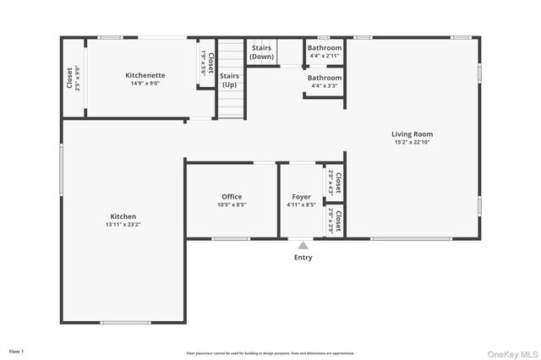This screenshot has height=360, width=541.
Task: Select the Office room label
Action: (x=232, y=197)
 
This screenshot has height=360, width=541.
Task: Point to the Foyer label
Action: (x=302, y=197)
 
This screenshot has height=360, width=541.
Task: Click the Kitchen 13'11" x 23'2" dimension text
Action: (x=123, y=225)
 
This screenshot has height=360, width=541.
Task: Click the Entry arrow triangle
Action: (x=303, y=245)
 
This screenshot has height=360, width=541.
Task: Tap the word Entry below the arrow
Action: (x=303, y=257)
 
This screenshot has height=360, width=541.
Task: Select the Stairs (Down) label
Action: (x=261, y=52)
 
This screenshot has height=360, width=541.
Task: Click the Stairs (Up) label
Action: (x=229, y=80)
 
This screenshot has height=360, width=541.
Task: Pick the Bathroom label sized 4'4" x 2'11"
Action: (x=325, y=48)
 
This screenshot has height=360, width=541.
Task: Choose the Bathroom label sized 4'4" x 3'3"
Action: (x=325, y=78)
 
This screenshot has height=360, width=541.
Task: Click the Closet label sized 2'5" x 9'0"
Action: (x=69, y=78)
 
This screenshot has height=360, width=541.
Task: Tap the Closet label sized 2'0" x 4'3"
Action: (x=337, y=183)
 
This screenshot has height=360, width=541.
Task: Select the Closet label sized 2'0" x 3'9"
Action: (x=337, y=221)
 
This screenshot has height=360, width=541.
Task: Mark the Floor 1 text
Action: (x=17, y=351)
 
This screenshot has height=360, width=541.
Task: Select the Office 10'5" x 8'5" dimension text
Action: (x=232, y=205)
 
